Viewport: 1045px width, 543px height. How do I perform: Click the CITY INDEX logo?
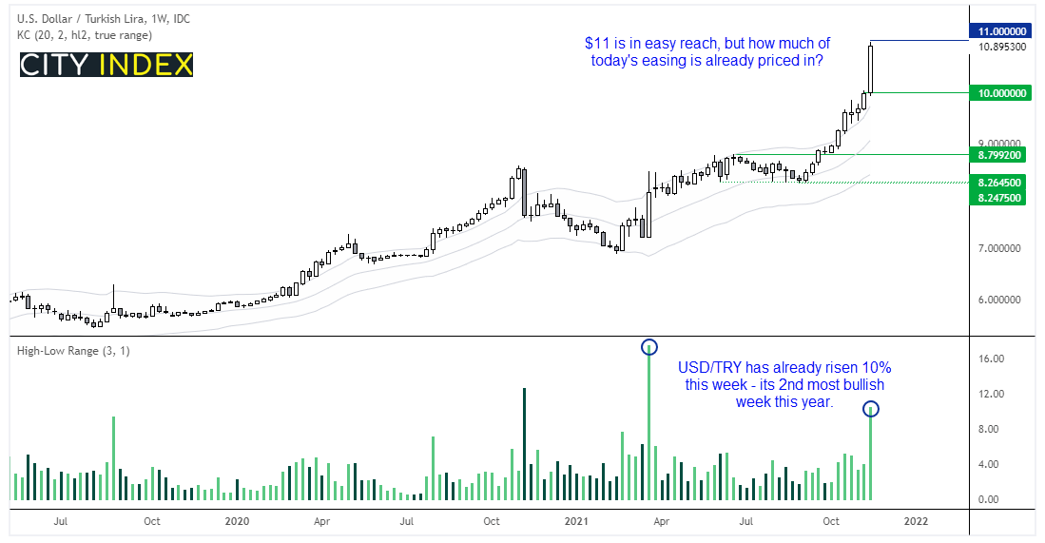pos(106,65)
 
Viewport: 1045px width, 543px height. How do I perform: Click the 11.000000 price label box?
pos(1004,31)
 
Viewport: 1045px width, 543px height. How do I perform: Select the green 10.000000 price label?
pos(1004,93)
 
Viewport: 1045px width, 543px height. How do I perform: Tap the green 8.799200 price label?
pos(1004,154)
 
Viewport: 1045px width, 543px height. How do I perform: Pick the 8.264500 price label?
pos(1004,182)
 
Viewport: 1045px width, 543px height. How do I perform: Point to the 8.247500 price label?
pos(1004,197)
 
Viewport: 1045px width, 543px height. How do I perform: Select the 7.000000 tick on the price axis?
pos(997,249)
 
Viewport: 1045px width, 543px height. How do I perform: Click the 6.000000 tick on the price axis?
pos(997,301)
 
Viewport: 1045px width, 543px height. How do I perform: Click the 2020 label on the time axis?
pos(237,521)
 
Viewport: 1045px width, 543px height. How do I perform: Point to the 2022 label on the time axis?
pos(916,521)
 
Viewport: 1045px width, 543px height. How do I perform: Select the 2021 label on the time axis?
pos(576,521)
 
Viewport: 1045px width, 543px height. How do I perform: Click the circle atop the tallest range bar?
pos(649,347)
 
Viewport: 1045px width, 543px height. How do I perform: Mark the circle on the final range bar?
pos(871,409)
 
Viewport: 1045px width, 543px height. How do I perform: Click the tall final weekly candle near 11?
pos(870,68)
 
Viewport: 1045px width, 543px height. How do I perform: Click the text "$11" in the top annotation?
pos(595,43)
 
